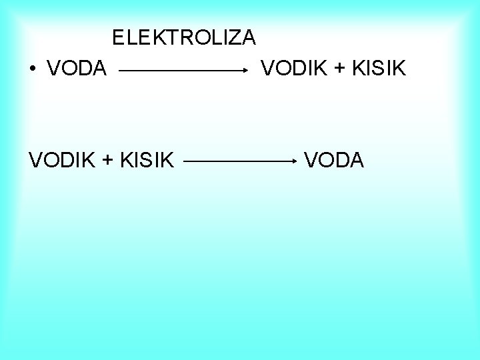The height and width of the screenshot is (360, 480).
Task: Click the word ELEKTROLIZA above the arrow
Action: [x=184, y=37]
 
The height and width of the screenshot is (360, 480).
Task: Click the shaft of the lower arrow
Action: [x=237, y=161]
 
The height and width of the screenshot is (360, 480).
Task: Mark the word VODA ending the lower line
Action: [x=334, y=159]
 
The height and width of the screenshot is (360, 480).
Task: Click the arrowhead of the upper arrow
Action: [x=245, y=68]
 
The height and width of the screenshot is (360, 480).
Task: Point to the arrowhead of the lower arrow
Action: [x=293, y=161]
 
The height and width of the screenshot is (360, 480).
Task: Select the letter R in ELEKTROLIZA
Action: [x=181, y=37]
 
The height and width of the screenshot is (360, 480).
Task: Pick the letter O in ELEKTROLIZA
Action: [x=197, y=37]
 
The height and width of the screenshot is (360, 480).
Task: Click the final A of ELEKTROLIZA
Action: [x=247, y=37]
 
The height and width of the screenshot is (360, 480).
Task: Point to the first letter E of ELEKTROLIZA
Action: [x=119, y=37]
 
